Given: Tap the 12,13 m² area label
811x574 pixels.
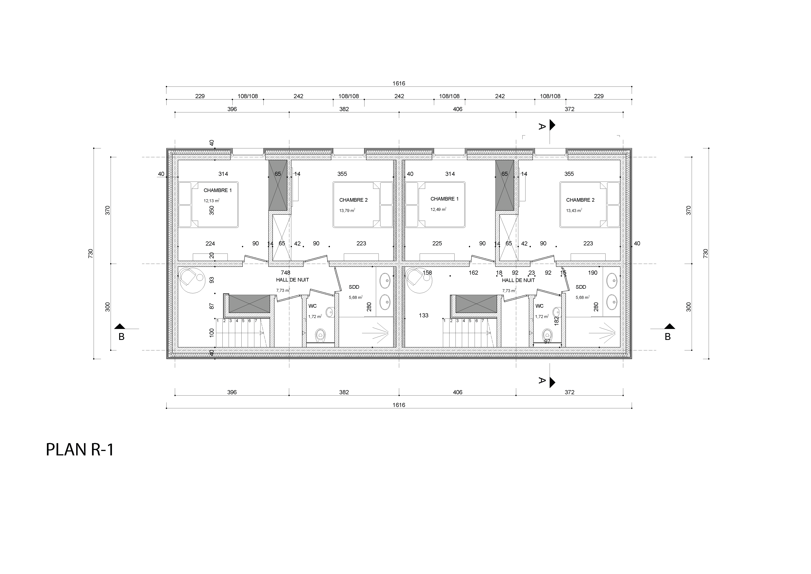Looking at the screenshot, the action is tap(211, 200).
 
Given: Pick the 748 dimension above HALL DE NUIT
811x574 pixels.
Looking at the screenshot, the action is tap(285, 273).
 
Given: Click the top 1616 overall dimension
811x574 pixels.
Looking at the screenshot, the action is tap(399, 83).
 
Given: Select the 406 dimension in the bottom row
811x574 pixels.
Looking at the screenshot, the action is tap(457, 392).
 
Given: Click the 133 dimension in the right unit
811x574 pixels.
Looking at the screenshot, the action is tap(423, 315).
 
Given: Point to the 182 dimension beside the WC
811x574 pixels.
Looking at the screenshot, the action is tap(557, 321).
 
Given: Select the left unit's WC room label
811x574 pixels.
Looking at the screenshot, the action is tap(312, 306).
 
